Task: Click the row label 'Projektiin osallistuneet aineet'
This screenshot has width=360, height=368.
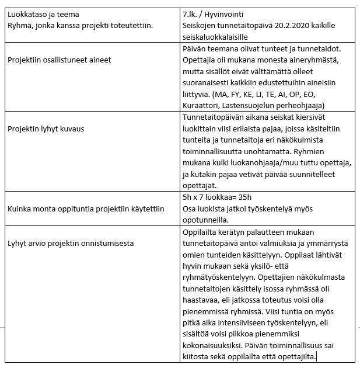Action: click(x=60, y=60)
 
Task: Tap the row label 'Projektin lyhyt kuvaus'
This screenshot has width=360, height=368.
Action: click(x=46, y=129)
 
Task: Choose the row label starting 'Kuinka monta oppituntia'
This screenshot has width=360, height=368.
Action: click(x=86, y=208)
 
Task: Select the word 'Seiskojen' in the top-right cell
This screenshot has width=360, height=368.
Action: click(x=201, y=26)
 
